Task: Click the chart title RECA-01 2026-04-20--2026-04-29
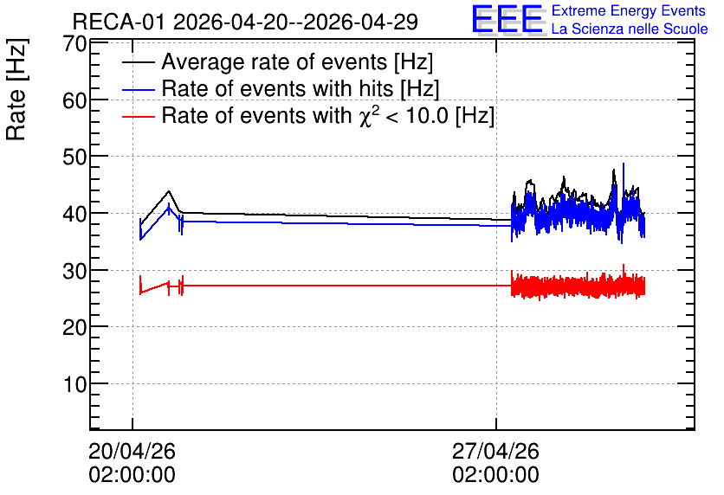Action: [245, 22]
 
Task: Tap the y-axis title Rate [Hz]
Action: [16, 89]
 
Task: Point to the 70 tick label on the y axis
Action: [74, 44]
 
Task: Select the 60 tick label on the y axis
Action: [74, 100]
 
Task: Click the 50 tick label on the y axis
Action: [74, 157]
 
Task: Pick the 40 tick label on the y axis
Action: [74, 214]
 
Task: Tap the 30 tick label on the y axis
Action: [74, 271]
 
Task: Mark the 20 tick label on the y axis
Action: [74, 327]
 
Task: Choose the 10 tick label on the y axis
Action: [74, 384]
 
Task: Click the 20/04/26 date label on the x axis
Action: [132, 451]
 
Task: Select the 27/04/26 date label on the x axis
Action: [495, 451]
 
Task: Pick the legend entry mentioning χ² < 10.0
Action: [328, 115]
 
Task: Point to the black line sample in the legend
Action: [138, 62]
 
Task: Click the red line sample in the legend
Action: [138, 117]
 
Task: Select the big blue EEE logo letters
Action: [507, 19]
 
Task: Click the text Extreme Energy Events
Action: [629, 10]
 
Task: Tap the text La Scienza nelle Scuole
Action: [630, 29]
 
